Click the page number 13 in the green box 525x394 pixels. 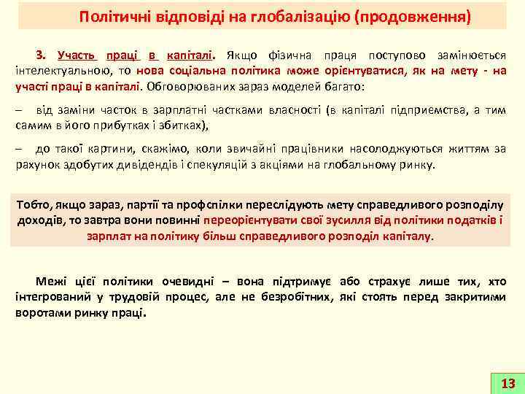pos(509,383)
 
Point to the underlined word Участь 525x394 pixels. pos(77,55)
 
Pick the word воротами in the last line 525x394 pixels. pos(39,312)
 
